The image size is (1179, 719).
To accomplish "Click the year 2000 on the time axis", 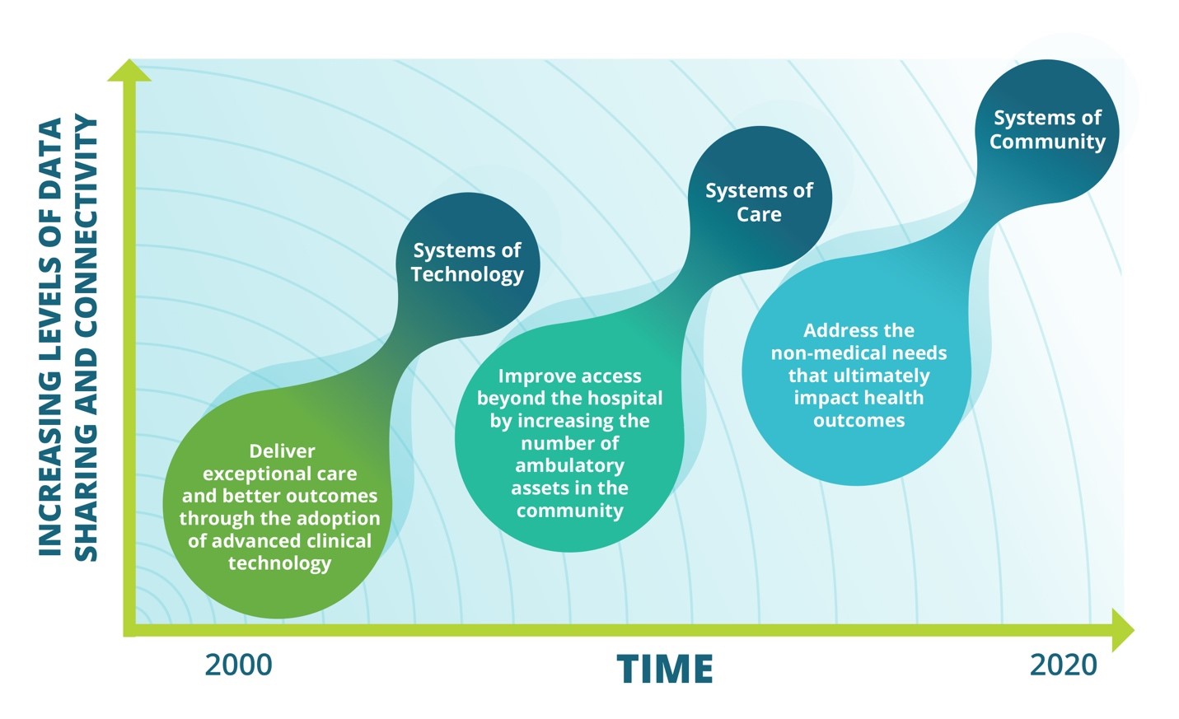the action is point(238,665).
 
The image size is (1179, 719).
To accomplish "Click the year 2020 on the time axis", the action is point(1063,665).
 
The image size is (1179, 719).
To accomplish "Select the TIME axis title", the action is point(665,669).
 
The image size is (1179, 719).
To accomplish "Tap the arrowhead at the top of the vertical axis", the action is point(129,71).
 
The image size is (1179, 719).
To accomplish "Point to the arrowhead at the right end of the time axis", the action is point(1122,629).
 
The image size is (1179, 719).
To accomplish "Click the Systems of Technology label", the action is point(467,262).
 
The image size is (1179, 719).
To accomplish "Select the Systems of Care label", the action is point(759,202).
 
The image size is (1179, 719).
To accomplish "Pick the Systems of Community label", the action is point(1047,129).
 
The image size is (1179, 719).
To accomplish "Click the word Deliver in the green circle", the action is point(282,451).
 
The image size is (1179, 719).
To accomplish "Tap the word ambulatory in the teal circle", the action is point(569,465).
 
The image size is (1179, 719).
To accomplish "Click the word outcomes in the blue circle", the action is point(859,420).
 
